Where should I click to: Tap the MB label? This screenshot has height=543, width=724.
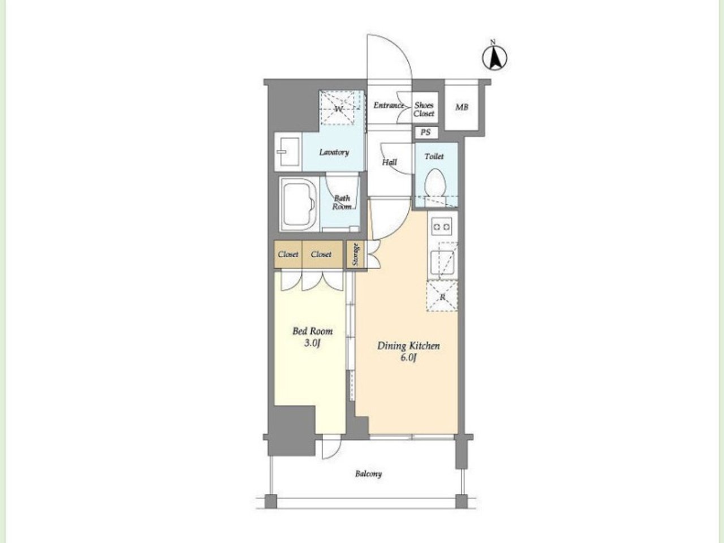[x=462, y=107]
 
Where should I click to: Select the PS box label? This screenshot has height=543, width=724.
[x=425, y=132]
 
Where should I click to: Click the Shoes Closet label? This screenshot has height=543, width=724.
[x=424, y=109]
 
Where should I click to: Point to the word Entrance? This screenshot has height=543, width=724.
[x=389, y=105]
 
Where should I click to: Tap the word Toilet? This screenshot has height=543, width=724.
[x=434, y=156]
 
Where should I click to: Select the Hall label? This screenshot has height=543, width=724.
[x=390, y=162]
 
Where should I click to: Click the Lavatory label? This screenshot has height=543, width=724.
[x=334, y=152]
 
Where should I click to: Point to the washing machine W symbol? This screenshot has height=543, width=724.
[x=338, y=109]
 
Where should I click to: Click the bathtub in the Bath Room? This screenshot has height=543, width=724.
[x=299, y=204]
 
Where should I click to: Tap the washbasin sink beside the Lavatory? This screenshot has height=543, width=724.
[x=288, y=152]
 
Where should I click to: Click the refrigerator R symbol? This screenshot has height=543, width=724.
[x=442, y=296]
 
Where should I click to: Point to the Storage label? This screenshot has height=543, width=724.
[x=356, y=255]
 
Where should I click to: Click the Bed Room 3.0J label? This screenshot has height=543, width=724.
[x=312, y=337]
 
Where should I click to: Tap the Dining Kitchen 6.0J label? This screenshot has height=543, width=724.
[x=408, y=351]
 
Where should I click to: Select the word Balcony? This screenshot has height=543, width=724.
[x=369, y=474]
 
